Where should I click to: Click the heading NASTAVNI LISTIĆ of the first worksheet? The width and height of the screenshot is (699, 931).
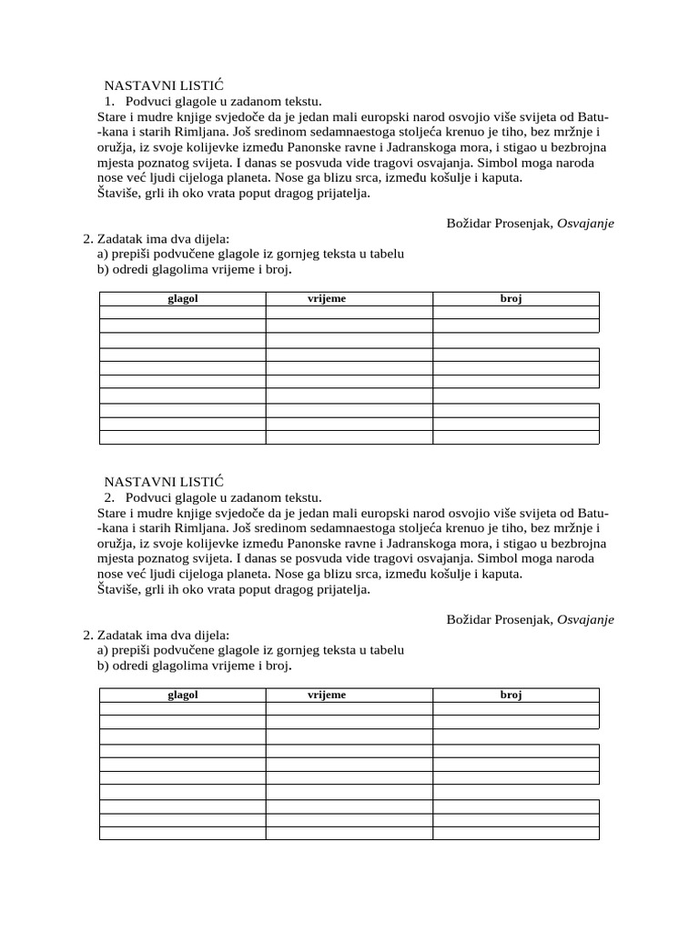point(163,85)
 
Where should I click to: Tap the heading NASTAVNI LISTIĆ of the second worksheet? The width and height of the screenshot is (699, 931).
point(163,481)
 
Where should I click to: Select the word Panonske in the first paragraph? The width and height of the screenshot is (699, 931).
point(344,146)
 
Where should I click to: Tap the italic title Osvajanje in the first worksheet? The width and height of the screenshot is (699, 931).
point(585,223)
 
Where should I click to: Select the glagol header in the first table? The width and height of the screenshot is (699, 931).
point(182,298)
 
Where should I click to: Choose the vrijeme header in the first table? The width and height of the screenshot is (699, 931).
point(327,298)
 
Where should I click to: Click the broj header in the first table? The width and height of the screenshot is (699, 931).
point(511,298)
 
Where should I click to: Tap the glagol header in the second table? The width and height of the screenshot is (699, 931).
point(182,695)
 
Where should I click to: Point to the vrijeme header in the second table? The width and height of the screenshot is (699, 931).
point(327,695)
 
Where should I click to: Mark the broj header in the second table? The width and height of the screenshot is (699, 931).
point(511,695)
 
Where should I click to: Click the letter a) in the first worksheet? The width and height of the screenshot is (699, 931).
point(103,255)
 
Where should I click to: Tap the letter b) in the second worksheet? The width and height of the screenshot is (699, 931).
point(103,666)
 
